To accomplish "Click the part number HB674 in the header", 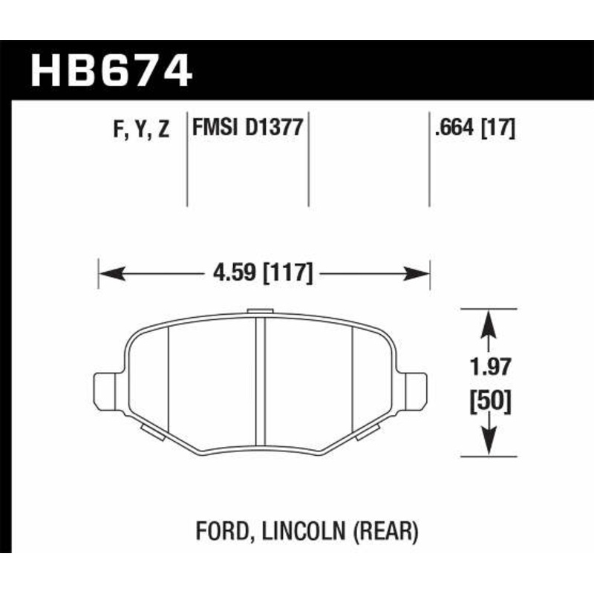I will [111, 72].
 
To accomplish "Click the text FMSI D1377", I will [247, 128].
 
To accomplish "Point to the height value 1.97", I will [490, 367].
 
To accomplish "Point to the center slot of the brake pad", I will [261, 379].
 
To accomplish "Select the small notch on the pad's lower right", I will [369, 433].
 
